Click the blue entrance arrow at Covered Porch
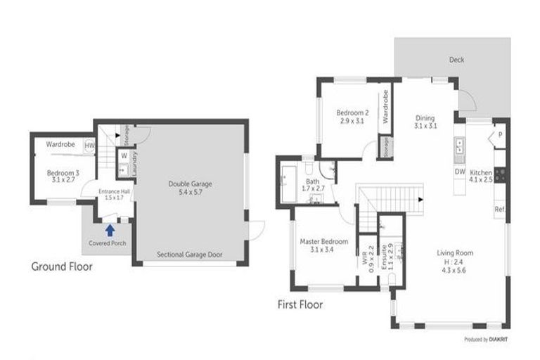[x=110, y=229]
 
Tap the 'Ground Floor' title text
[x=62, y=266]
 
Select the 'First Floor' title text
[x=300, y=304]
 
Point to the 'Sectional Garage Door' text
[x=190, y=255]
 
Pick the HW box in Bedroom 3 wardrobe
[x=89, y=146]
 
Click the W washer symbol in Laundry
[x=123, y=155]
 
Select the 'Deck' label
[x=456, y=60]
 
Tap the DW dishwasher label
[x=459, y=172]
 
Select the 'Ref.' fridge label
[x=500, y=209]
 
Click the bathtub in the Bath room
[x=290, y=184]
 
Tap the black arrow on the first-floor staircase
[x=420, y=200]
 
